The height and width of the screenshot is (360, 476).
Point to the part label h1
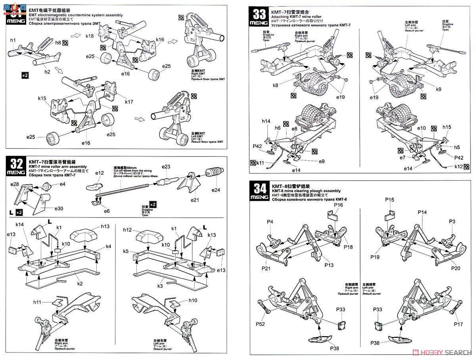tap(13, 41)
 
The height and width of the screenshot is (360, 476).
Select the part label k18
tap(90, 36)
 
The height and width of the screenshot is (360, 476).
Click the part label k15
tap(42, 98)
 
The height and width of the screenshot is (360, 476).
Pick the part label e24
tap(216, 190)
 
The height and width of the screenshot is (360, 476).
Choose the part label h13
tap(105, 226)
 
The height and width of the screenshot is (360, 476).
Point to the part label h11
tap(37, 302)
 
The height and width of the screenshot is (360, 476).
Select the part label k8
tap(276, 85)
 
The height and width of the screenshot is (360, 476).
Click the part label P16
tap(338, 205)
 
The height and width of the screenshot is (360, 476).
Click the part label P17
tap(459, 324)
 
